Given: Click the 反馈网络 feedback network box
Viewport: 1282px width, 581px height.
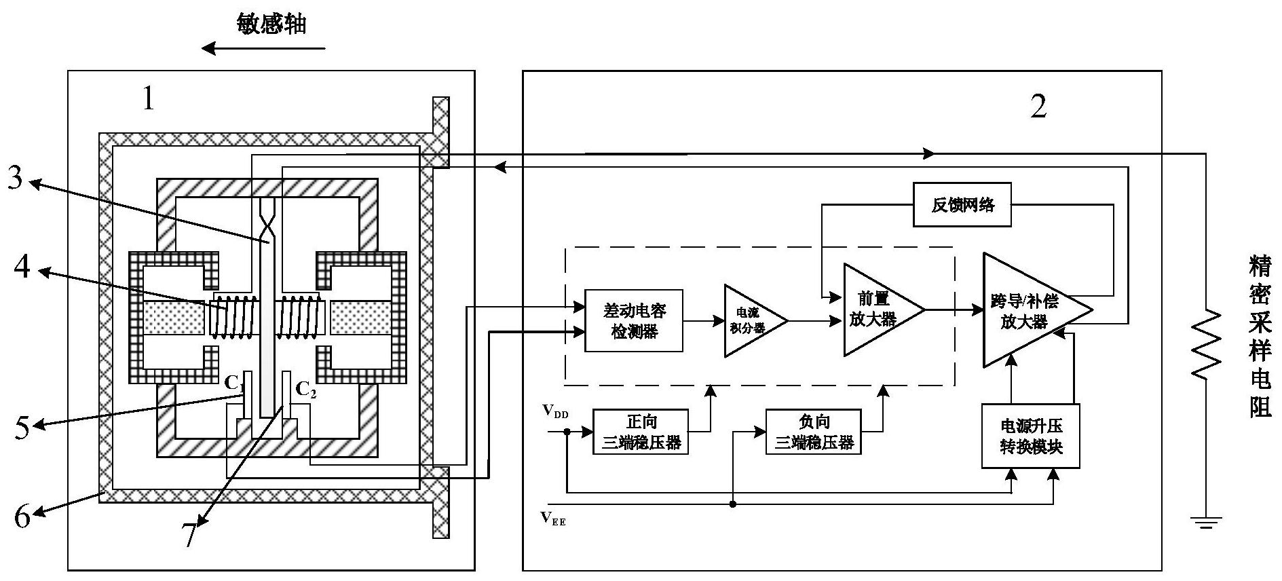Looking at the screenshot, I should tap(962, 204).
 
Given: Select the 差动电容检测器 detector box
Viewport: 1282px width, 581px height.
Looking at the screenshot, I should tap(634, 321).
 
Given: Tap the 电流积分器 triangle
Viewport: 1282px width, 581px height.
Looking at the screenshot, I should tap(751, 320).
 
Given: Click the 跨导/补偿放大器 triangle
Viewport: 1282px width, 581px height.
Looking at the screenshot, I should tap(1028, 310).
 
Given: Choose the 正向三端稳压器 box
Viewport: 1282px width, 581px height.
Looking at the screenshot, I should tap(641, 432).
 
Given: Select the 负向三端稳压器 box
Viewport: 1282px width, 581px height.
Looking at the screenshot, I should tap(813, 432).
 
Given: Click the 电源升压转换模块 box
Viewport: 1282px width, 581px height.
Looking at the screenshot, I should tap(1030, 436).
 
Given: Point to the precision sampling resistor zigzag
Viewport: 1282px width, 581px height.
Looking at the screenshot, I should tap(1205, 343).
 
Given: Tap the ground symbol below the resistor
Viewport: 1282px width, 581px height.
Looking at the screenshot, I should tap(1205, 521).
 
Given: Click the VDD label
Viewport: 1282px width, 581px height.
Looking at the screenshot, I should tap(555, 411).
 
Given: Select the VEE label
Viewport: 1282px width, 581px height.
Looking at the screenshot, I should tap(553, 519).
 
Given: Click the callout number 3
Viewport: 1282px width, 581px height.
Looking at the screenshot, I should tap(16, 179).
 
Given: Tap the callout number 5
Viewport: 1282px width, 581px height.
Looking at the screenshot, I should tap(22, 427).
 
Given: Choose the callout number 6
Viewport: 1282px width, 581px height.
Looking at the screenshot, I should tap(22, 517).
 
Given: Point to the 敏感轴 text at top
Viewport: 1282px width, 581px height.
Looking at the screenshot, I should tap(271, 24).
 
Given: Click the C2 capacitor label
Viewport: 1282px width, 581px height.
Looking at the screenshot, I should tap(305, 390).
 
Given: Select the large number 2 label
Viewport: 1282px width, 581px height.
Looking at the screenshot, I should tap(1038, 107).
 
